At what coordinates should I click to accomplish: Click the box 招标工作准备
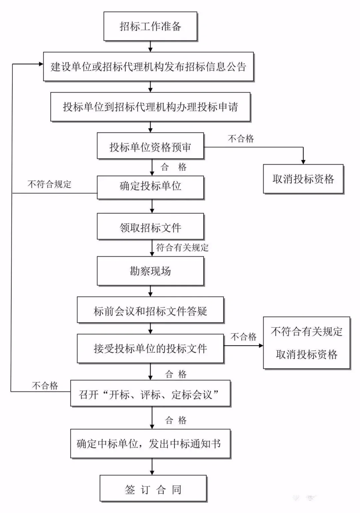coord(150,26)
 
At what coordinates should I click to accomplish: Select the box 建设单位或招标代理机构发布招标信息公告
coord(148,67)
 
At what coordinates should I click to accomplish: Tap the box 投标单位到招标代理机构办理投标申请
coord(150,107)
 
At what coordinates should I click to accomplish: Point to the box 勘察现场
coord(150,271)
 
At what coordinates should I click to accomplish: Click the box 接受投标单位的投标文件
coord(150,348)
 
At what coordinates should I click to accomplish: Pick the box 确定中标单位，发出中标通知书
coord(150,443)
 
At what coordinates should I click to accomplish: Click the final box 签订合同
coord(153,489)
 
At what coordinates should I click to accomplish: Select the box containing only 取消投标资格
coord(303,179)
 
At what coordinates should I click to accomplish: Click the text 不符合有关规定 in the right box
coord(306,331)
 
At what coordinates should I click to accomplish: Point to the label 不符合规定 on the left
coord(49,184)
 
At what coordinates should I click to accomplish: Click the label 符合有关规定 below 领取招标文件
coord(182,248)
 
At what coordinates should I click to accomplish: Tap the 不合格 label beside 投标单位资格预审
coord(241,139)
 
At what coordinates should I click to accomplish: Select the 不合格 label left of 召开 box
coord(45,386)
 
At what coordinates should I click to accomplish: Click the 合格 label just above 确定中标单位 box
coord(176,420)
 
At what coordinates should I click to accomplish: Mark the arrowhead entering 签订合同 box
coord(152,473)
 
